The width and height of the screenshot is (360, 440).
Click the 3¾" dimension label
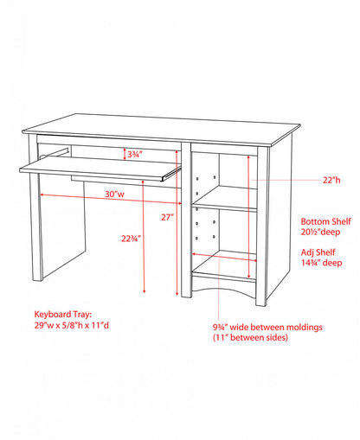[134, 154]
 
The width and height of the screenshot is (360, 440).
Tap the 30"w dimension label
[116, 194]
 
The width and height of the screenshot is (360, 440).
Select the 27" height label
[165, 216]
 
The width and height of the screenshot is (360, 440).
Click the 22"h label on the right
[333, 180]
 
